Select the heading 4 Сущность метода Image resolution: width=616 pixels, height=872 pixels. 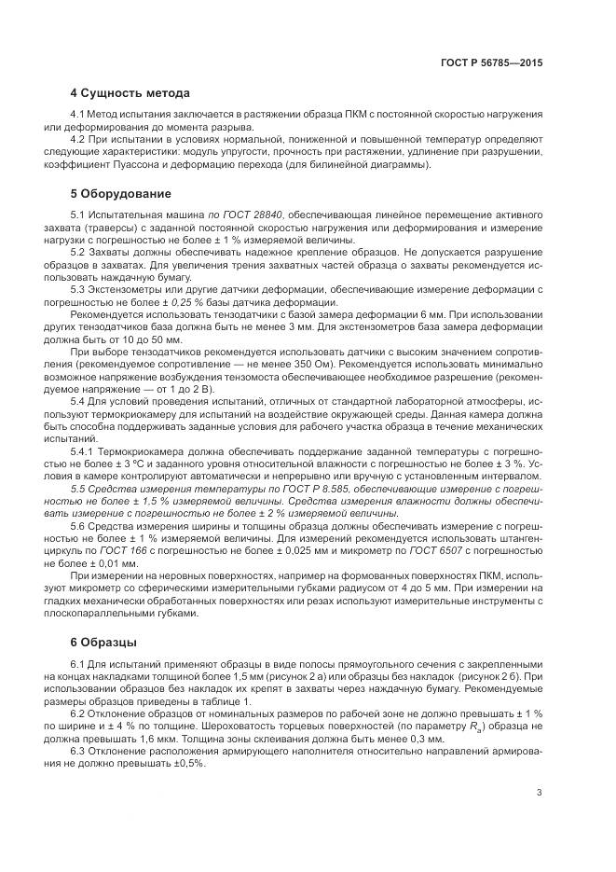click(130, 93)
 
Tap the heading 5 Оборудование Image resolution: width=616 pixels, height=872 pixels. click(120, 194)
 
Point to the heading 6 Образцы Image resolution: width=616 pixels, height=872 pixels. click(103, 643)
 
